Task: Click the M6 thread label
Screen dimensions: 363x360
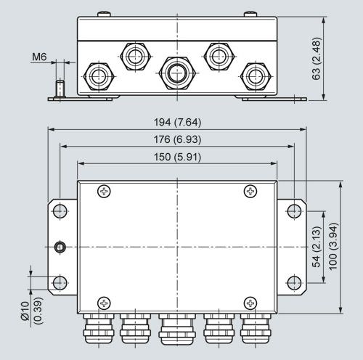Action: click(39, 57)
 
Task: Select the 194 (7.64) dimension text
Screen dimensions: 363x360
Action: click(178, 122)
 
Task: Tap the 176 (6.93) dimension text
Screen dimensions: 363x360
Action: click(178, 139)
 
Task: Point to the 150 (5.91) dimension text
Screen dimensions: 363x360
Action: click(178, 157)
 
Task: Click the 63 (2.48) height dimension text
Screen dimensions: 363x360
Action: click(317, 59)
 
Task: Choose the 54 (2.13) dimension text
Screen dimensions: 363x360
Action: click(317, 247)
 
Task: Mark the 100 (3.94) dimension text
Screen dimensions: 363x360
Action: click(333, 247)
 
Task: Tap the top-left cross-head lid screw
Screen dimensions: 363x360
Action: click(104, 192)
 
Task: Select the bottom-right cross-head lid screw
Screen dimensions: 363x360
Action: click(250, 303)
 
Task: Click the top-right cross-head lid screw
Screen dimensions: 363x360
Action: click(250, 192)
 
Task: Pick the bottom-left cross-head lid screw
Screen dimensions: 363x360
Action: click(104, 303)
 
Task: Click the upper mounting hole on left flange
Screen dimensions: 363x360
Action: click(60, 211)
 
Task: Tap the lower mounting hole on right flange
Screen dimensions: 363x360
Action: click(294, 282)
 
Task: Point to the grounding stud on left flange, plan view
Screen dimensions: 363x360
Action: click(60, 247)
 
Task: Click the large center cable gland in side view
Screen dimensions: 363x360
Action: click(177, 73)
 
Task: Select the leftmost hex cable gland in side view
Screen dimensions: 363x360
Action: click(99, 76)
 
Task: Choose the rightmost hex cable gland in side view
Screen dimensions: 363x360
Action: click(256, 76)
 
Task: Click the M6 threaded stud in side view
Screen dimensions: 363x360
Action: click(60, 89)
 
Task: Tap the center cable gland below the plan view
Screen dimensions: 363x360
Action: click(177, 330)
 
